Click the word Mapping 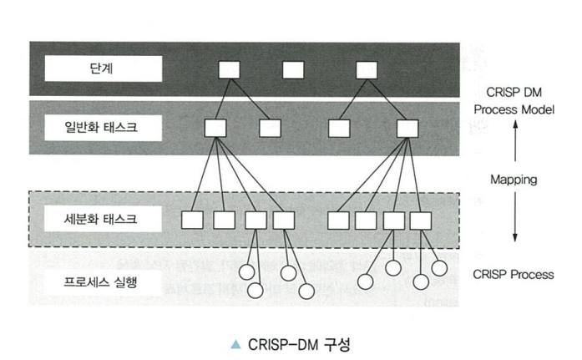pyautogui.click(x=514, y=179)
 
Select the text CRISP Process pyautogui.click(x=514, y=274)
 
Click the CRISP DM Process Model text pyautogui.click(x=514, y=99)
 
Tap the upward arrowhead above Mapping pyautogui.click(x=514, y=124)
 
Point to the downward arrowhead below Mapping pyautogui.click(x=514, y=236)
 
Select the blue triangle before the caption pyautogui.click(x=236, y=344)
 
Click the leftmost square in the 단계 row pyautogui.click(x=230, y=68)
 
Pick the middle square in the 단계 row pyautogui.click(x=293, y=68)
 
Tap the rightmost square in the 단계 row pyautogui.click(x=367, y=68)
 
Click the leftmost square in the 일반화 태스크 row pyautogui.click(x=215, y=128)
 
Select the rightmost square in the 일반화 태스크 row pyautogui.click(x=407, y=128)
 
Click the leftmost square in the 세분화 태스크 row pyautogui.click(x=193, y=221)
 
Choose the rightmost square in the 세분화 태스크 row pyautogui.click(x=419, y=221)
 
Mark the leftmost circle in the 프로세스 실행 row pyautogui.click(x=247, y=271)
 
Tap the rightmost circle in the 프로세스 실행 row pyautogui.click(x=439, y=267)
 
